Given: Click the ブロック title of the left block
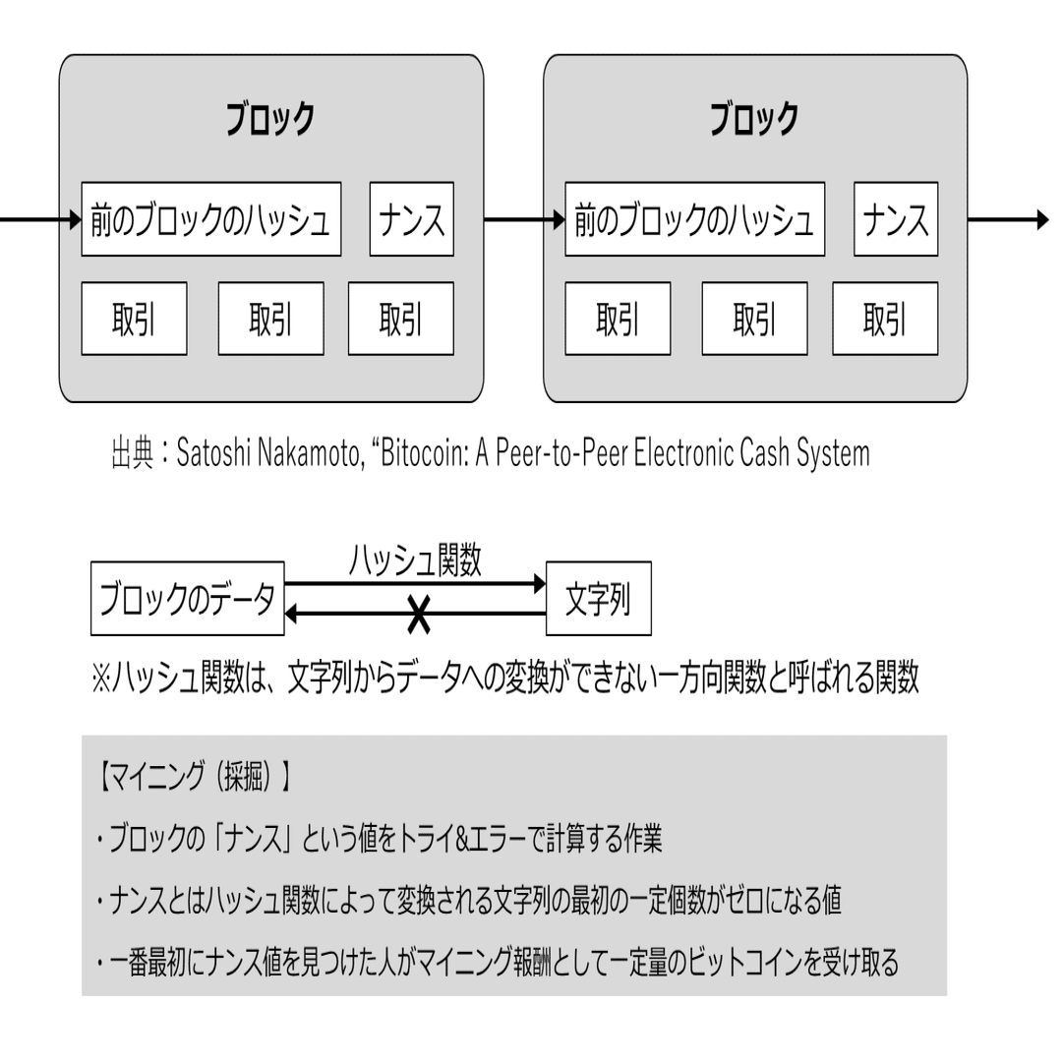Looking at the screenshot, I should pyautogui.click(x=270, y=120).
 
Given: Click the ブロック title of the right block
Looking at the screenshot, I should pyautogui.click(x=754, y=120).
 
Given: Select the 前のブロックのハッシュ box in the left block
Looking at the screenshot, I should pyautogui.click(x=211, y=219).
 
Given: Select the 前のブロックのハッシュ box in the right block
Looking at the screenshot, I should pyautogui.click(x=695, y=219).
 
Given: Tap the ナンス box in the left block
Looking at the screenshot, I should pyautogui.click(x=412, y=219).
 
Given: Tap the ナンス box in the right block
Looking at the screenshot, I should pyautogui.click(x=896, y=219).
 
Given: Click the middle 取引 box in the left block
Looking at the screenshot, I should pyautogui.click(x=270, y=319).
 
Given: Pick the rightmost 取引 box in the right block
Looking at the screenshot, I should pyautogui.click(x=885, y=319).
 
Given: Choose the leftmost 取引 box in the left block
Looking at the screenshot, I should pyautogui.click(x=134, y=319).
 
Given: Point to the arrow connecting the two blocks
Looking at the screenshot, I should pyautogui.click(x=513, y=219).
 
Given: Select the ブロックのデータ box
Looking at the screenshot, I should pyautogui.click(x=188, y=599).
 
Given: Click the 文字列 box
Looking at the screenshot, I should pyautogui.click(x=598, y=599).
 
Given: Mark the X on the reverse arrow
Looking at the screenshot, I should pyautogui.click(x=419, y=615).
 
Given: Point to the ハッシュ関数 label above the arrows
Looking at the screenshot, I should pyautogui.click(x=416, y=562).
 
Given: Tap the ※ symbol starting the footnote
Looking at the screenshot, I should pyautogui.click(x=103, y=678).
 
